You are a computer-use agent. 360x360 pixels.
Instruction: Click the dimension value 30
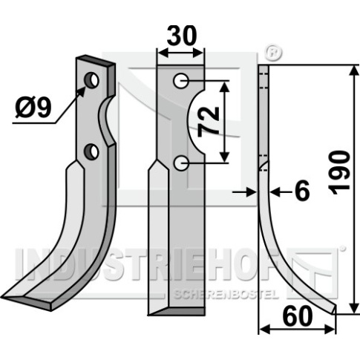[x=182, y=36]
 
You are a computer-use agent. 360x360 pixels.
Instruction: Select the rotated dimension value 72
[x=209, y=122]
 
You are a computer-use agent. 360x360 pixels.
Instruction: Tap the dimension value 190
[x=338, y=173]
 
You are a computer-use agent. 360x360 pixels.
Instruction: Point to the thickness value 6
[x=302, y=191]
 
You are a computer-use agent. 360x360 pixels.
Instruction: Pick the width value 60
[x=298, y=316]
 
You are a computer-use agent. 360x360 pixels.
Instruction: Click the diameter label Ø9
[x=33, y=108]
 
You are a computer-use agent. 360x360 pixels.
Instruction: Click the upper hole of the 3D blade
[x=91, y=80]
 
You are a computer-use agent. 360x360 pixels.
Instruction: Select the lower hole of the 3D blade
[x=91, y=151]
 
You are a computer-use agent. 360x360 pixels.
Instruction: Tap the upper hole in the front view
[x=180, y=80]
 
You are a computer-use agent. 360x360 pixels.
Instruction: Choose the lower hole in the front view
[x=180, y=163]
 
